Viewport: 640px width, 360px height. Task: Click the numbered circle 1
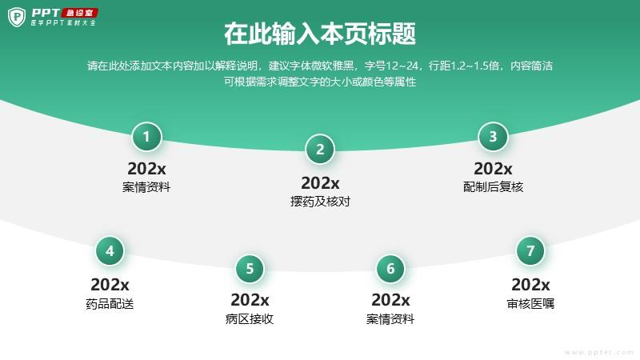click(146, 137)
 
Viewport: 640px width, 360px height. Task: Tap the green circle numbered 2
click(320, 150)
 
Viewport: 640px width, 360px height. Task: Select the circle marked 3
click(493, 137)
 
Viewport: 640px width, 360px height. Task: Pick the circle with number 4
click(110, 251)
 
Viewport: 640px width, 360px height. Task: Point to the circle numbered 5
click(250, 269)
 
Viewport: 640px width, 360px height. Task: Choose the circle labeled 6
click(390, 269)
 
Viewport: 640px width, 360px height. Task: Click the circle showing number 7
click(530, 251)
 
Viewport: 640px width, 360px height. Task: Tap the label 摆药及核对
click(321, 202)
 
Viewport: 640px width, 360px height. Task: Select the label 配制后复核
click(493, 187)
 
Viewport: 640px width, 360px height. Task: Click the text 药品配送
click(110, 304)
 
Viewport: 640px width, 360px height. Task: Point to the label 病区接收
click(250, 318)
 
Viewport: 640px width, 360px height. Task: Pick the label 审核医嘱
click(530, 304)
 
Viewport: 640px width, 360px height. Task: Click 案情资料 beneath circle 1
click(146, 187)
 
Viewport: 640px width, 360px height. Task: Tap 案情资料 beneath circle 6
click(390, 318)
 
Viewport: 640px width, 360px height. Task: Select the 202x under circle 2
click(321, 183)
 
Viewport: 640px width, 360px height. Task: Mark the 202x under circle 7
click(530, 285)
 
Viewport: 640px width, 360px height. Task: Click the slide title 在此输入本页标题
click(320, 34)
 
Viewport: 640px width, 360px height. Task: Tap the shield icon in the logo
click(17, 17)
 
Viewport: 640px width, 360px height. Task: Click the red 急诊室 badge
click(79, 13)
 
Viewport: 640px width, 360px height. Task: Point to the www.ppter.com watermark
click(599, 352)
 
